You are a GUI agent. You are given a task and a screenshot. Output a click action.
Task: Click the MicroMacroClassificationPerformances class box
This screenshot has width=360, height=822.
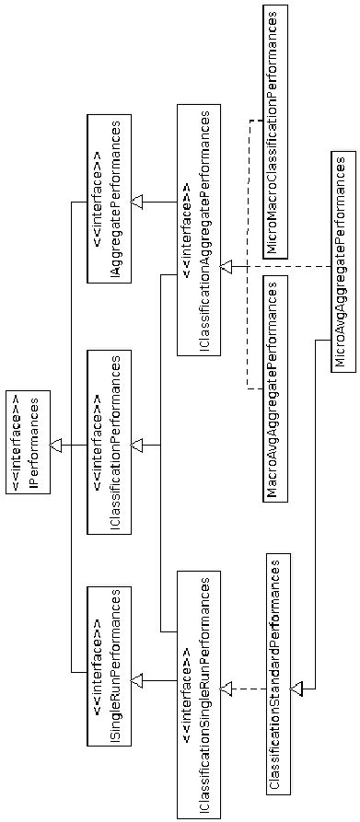(x=275, y=131)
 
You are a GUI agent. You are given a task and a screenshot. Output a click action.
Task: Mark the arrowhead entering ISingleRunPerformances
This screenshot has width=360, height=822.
(x=137, y=679)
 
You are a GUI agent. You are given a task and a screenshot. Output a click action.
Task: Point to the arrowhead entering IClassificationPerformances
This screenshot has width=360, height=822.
(x=137, y=446)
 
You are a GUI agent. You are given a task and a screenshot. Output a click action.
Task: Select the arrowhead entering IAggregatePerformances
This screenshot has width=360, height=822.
(x=137, y=202)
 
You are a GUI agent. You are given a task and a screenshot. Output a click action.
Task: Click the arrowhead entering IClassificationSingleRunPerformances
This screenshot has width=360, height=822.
(x=227, y=688)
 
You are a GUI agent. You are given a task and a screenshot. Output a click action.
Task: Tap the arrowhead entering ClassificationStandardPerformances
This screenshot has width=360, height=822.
(x=296, y=688)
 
